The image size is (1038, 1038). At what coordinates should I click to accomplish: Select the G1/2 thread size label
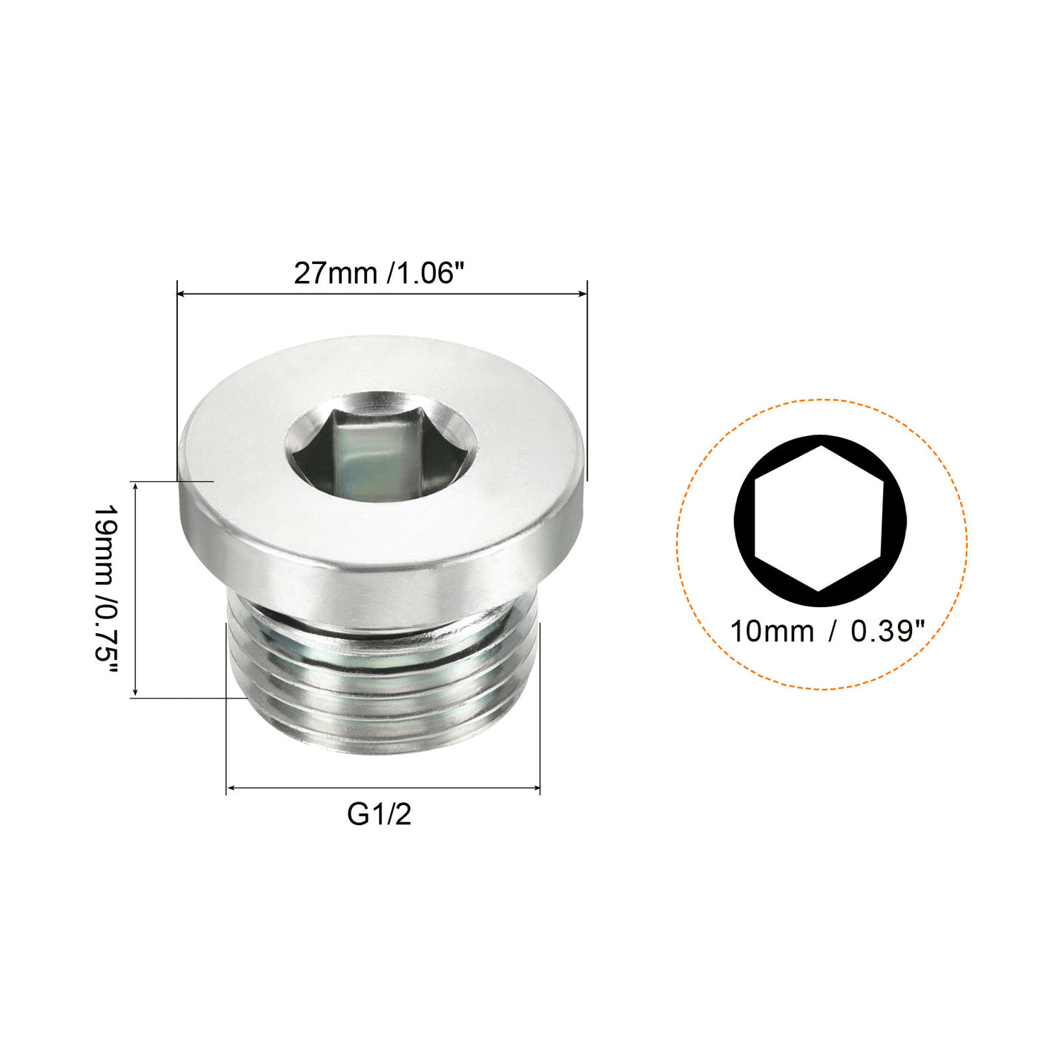coord(379,815)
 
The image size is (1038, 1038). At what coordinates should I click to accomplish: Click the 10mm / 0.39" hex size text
coord(827,632)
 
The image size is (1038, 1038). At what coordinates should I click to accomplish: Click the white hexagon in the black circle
coord(819,518)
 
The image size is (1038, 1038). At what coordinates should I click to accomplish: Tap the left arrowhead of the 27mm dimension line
coord(181,294)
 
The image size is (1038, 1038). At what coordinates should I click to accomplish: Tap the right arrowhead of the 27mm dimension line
coord(583,294)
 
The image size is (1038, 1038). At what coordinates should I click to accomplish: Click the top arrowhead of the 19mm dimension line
coord(135,486)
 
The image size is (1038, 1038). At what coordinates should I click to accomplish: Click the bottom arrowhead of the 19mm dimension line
coord(135,692)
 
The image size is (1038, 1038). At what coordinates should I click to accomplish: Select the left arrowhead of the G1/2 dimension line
coord(231,788)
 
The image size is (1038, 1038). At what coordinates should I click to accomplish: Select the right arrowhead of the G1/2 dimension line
coord(535,788)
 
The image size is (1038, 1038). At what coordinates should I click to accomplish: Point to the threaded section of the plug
coord(382,682)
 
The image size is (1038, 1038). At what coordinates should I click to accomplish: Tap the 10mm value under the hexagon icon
coord(771,632)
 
